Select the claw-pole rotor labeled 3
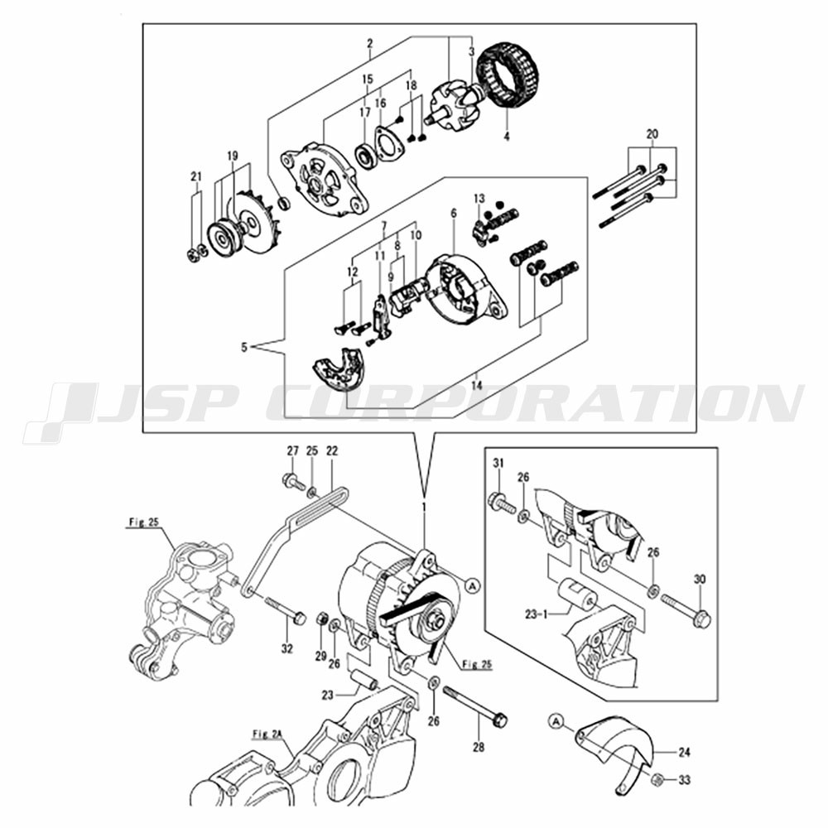[455, 105]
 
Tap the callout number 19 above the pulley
[233, 156]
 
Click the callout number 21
[196, 176]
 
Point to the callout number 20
[652, 134]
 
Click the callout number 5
[244, 349]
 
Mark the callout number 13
[479, 198]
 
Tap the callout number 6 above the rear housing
[453, 214]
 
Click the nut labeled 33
[658, 779]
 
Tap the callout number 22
[332, 451]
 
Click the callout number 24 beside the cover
[683, 753]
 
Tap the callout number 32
[286, 648]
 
